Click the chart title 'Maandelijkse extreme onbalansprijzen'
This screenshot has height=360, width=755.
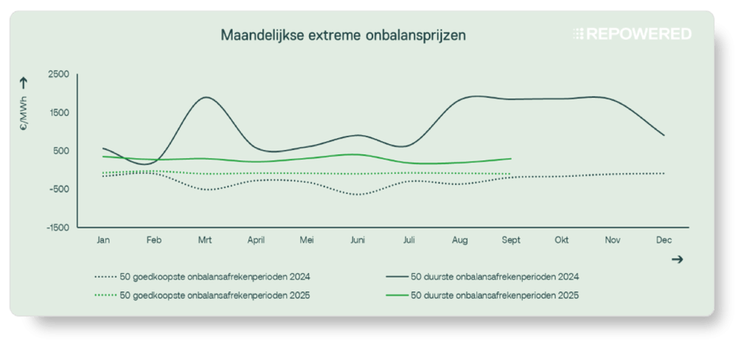coord(343,34)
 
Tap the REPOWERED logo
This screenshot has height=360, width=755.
coord(633,34)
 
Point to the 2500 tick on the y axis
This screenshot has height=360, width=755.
coord(59,75)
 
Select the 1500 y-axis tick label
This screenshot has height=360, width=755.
coord(59,113)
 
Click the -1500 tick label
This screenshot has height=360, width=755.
coord(58,227)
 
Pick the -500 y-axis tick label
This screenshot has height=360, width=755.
coord(59,189)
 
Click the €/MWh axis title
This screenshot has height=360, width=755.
coord(24,117)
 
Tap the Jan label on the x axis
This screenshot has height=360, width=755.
coord(103,240)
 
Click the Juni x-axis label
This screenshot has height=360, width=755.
coord(357,240)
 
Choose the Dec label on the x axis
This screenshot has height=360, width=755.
coord(662,240)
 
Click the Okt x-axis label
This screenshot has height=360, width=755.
coord(561,240)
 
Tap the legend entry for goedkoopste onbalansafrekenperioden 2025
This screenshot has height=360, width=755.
coord(203,295)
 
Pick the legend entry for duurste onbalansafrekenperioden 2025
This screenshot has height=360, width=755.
coord(483,295)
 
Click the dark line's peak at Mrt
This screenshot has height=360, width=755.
coord(206,97)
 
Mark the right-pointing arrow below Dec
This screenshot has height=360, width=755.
coord(678,260)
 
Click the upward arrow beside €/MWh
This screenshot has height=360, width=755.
coord(24,83)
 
